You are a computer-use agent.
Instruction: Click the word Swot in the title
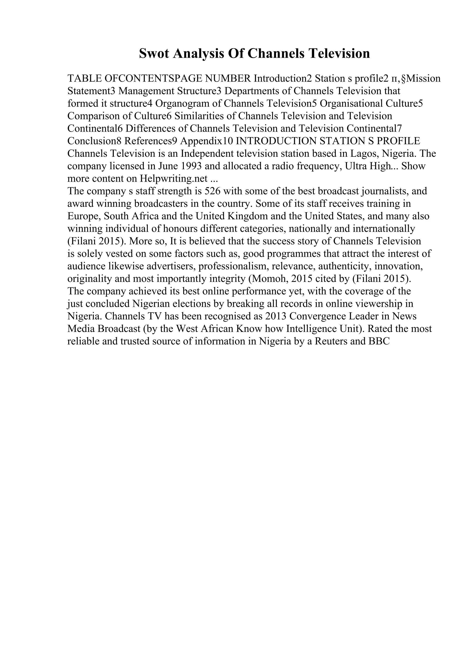pos(154,54)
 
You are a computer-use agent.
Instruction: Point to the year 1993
pos(191,166)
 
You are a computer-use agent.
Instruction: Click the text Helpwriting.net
pos(174,178)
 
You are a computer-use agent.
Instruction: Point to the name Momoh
pos(268,279)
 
